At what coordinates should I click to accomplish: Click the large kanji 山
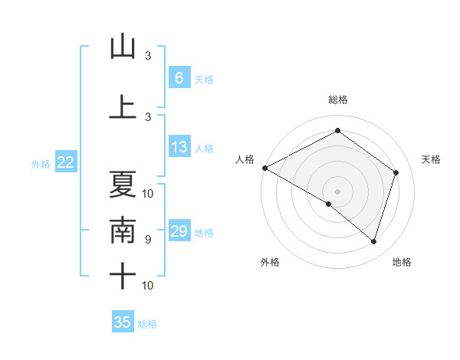123,47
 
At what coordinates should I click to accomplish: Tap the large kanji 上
123,106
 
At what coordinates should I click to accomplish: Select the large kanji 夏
123,184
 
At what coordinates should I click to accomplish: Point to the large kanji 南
123,231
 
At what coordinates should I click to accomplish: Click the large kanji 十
123,277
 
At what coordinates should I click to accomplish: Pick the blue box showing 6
179,78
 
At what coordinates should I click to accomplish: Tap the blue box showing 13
179,147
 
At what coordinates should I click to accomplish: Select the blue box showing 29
179,231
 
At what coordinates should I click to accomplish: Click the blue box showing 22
66,162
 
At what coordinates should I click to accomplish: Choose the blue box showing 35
123,322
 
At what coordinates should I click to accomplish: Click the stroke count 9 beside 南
148,240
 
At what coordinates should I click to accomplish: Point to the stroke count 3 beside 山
148,56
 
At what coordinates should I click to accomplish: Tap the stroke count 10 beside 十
148,286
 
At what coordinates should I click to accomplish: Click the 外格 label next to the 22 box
40,163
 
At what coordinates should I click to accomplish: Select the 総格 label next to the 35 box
147,324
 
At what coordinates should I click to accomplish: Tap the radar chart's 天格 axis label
432,159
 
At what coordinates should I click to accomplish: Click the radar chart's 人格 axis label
245,159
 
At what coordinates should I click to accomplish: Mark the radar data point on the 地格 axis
373,242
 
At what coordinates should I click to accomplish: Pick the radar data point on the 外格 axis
329,204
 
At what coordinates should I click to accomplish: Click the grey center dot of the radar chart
337,191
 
